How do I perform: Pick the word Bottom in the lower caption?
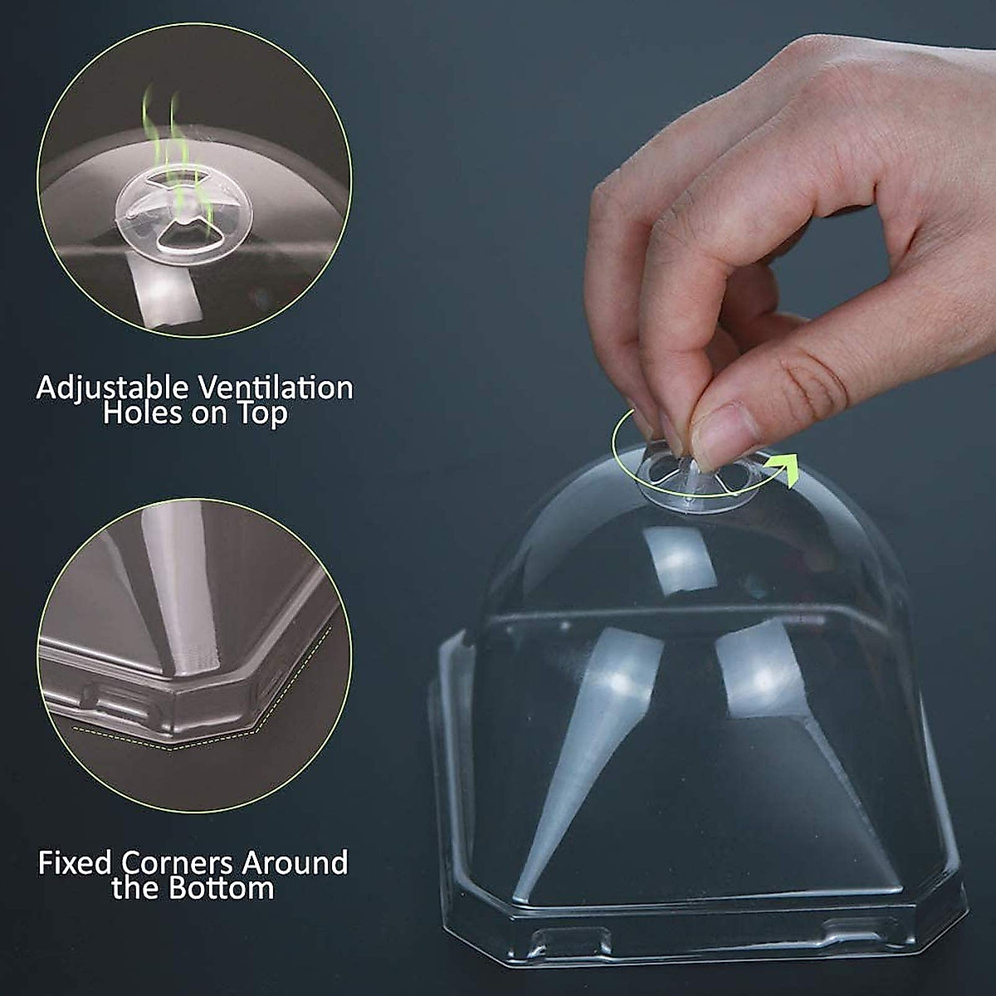coord(221,889)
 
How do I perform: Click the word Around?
coord(295,863)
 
